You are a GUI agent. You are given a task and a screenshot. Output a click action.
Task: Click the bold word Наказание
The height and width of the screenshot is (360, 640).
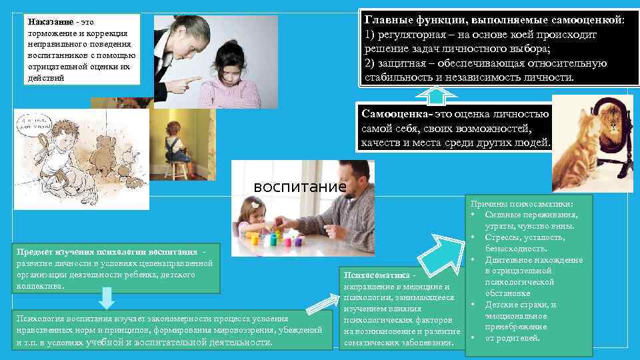50,21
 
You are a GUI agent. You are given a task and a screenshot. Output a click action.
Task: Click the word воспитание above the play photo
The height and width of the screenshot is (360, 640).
299,186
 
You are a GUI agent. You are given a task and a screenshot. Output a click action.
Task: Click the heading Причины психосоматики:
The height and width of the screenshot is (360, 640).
522,204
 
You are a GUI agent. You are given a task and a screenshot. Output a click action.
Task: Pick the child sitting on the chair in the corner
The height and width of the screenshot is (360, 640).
174,143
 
